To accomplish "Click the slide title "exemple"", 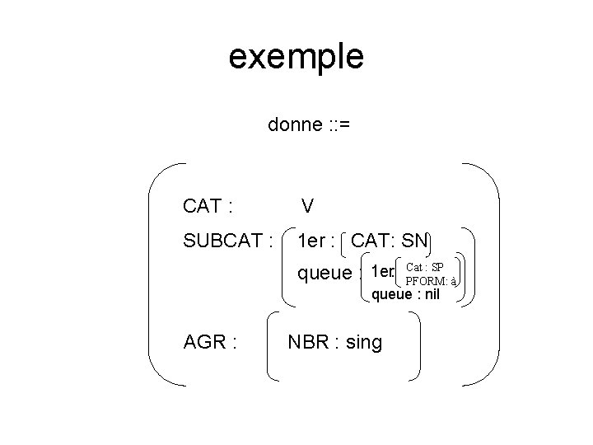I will (296, 57).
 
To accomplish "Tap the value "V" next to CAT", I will (306, 205).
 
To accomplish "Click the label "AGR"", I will (205, 341).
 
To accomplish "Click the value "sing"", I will (364, 341).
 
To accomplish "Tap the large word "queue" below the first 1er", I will (324, 273).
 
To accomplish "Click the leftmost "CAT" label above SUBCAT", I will (202, 205).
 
